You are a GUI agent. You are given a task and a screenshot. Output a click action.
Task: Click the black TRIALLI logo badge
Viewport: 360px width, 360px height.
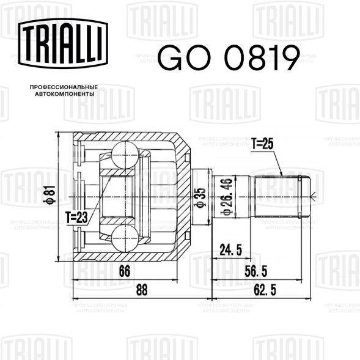click(x=63, y=43)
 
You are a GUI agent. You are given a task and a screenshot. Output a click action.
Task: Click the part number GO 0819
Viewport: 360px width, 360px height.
click(x=229, y=58)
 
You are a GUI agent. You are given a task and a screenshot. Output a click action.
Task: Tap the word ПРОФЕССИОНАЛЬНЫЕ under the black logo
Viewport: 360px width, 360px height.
click(x=64, y=87)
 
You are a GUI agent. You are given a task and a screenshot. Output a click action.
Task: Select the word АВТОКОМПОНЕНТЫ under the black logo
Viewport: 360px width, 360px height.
click(x=65, y=94)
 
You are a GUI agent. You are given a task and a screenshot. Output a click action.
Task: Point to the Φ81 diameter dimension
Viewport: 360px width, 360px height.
click(x=50, y=195)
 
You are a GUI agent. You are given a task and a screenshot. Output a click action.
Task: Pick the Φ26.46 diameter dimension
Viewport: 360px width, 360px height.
click(x=227, y=196)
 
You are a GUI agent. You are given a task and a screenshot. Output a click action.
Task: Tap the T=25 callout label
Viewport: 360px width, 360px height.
click(x=262, y=144)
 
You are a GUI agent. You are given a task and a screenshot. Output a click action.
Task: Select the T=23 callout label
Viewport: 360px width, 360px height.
click(x=76, y=217)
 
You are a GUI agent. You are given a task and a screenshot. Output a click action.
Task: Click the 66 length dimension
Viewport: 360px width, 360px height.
click(x=125, y=271)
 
